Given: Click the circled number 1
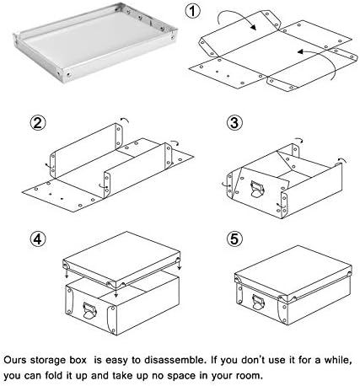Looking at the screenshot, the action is (x=192, y=12).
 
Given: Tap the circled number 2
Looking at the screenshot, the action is (x=38, y=123).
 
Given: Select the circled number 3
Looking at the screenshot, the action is (x=234, y=123).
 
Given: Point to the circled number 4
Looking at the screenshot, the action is (x=38, y=239).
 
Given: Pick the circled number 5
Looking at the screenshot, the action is (x=234, y=239).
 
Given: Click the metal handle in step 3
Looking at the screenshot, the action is (x=257, y=190).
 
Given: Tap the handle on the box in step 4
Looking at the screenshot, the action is (x=89, y=311).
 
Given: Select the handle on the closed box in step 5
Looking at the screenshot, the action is (x=258, y=303).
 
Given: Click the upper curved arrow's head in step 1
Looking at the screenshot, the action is (x=253, y=27).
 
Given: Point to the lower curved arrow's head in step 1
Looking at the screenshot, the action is (x=300, y=52).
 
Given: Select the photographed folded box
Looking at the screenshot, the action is (x=94, y=42).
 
